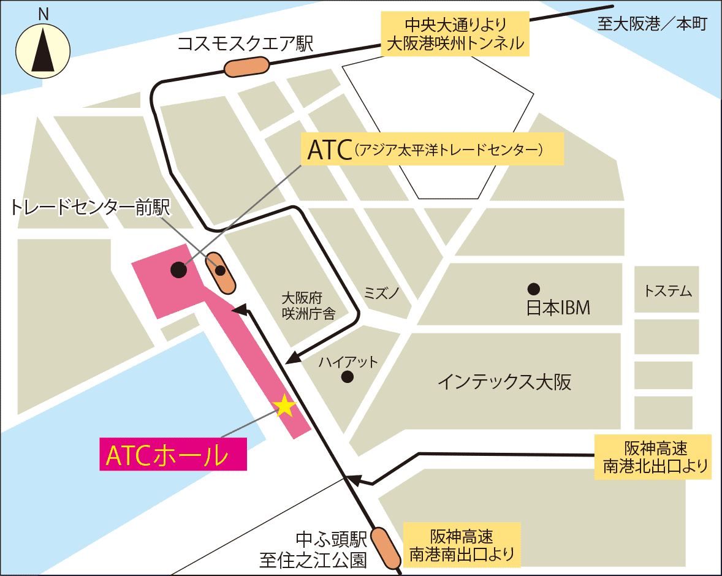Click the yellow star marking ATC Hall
tap(284, 406)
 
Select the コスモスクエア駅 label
tap(245, 44)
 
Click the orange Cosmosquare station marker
tap(247, 66)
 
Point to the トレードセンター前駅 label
tap(91, 208)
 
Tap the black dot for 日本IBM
tap(534, 287)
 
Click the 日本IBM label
tap(558, 307)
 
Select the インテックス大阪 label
tap(504, 383)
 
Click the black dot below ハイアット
tap(348, 376)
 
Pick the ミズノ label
tap(381, 292)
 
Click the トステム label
tap(667, 291)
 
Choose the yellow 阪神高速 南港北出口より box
tap(653, 457)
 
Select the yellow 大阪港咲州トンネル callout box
tap(455, 34)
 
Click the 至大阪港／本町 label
tap(652, 24)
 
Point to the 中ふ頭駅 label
tap(331, 540)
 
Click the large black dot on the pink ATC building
tap(178, 268)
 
